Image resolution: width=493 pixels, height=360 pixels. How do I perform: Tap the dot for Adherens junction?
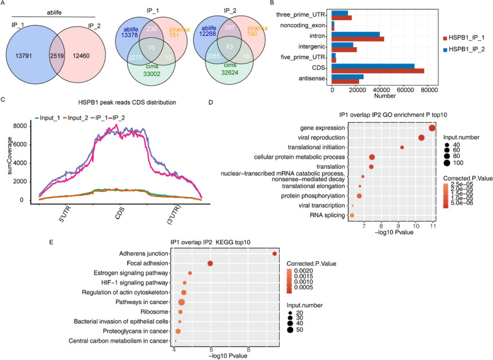275,254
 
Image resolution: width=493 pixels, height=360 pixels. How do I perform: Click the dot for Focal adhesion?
210,263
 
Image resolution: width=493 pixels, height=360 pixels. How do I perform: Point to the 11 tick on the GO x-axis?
433,225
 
